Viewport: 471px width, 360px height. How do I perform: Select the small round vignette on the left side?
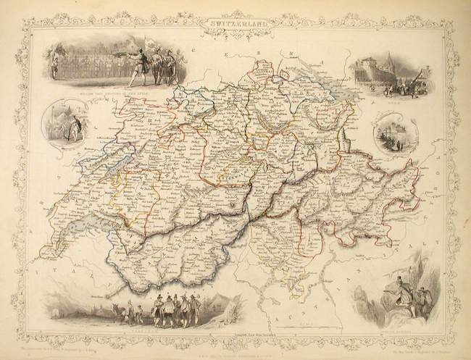[x=62, y=124]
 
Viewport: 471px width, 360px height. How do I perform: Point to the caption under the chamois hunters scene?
[x=395, y=323]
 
